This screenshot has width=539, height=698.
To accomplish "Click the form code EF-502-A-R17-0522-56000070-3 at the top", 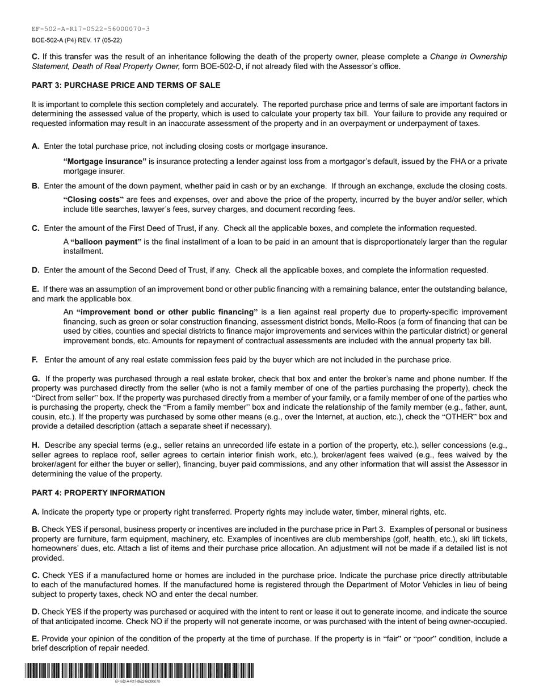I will pyautogui.click(x=91, y=29).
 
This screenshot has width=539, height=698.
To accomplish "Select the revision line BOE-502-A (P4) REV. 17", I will pyautogui.click(x=77, y=40).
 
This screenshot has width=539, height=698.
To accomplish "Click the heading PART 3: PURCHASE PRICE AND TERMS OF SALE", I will pyautogui.click(x=126, y=86).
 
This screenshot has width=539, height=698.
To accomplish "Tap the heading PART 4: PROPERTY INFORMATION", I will pyautogui.click(x=98, y=493).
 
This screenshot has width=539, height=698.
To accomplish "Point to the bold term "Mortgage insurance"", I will pyautogui.click(x=105, y=162).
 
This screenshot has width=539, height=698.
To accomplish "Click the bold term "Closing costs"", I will pyautogui.click(x=94, y=200).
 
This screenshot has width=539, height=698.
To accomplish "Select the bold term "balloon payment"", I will pyautogui.click(x=106, y=242).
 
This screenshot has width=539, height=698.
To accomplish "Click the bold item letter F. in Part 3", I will pyautogui.click(x=35, y=360).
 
